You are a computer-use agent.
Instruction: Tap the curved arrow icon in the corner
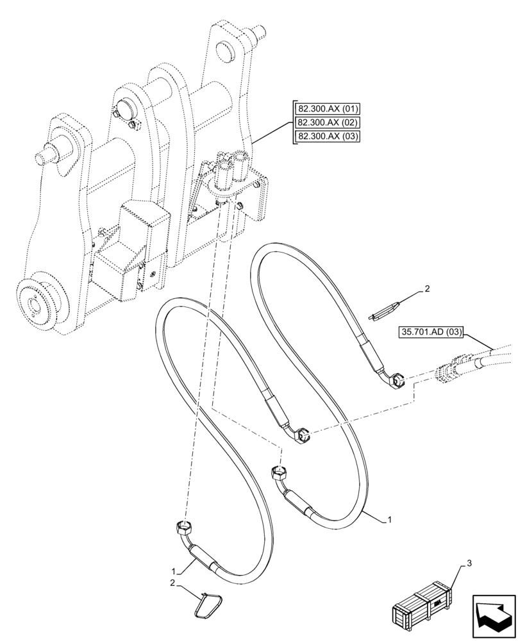pos(492,615)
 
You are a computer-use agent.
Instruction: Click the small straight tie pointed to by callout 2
pos(385,310)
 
